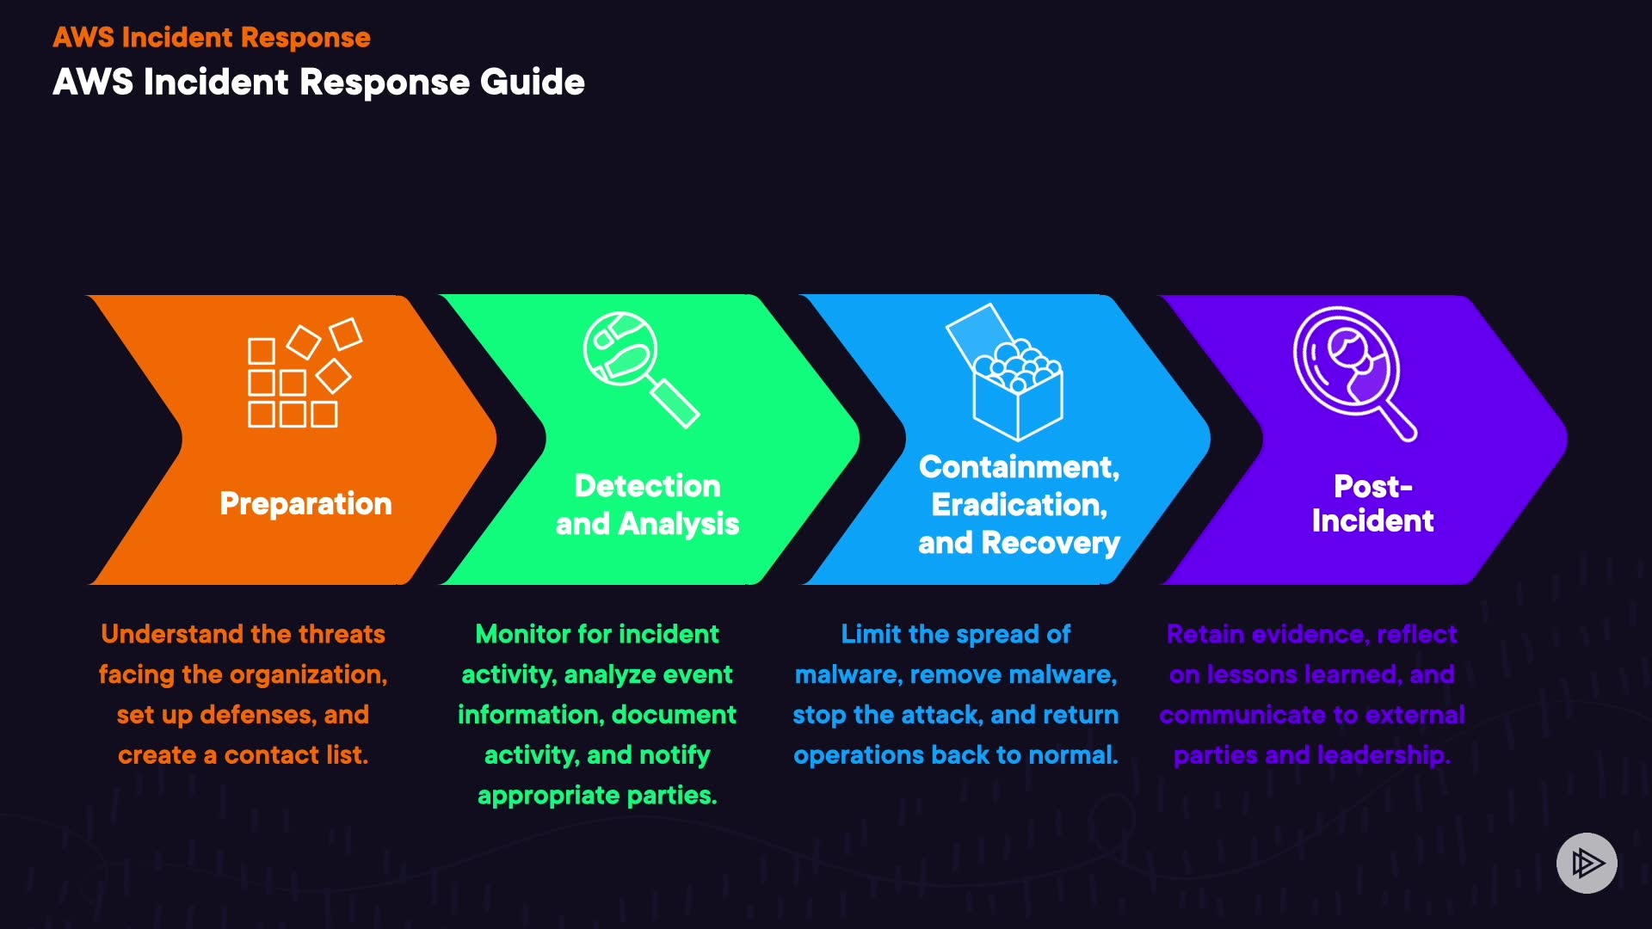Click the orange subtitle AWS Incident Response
tap(212, 38)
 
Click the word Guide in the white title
tap(533, 83)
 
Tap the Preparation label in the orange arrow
tap(305, 504)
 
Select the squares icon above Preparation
tap(305, 373)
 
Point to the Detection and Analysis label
tap(648, 505)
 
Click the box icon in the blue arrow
tap(1005, 372)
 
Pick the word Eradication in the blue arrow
tap(1019, 505)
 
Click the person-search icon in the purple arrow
tap(1355, 373)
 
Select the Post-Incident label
tap(1372, 504)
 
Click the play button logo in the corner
tap(1587, 863)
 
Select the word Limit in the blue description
tap(871, 635)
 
